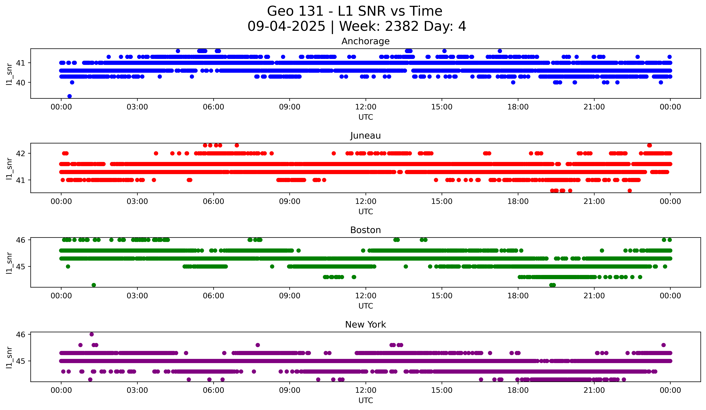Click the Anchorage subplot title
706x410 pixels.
tap(365, 41)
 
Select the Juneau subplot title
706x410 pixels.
tap(365, 136)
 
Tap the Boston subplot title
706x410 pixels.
tap(365, 230)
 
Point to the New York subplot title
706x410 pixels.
tap(365, 325)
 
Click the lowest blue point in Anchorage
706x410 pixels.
tap(69, 96)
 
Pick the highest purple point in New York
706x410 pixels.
tap(92, 334)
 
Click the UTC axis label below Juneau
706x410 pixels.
tap(365, 212)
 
